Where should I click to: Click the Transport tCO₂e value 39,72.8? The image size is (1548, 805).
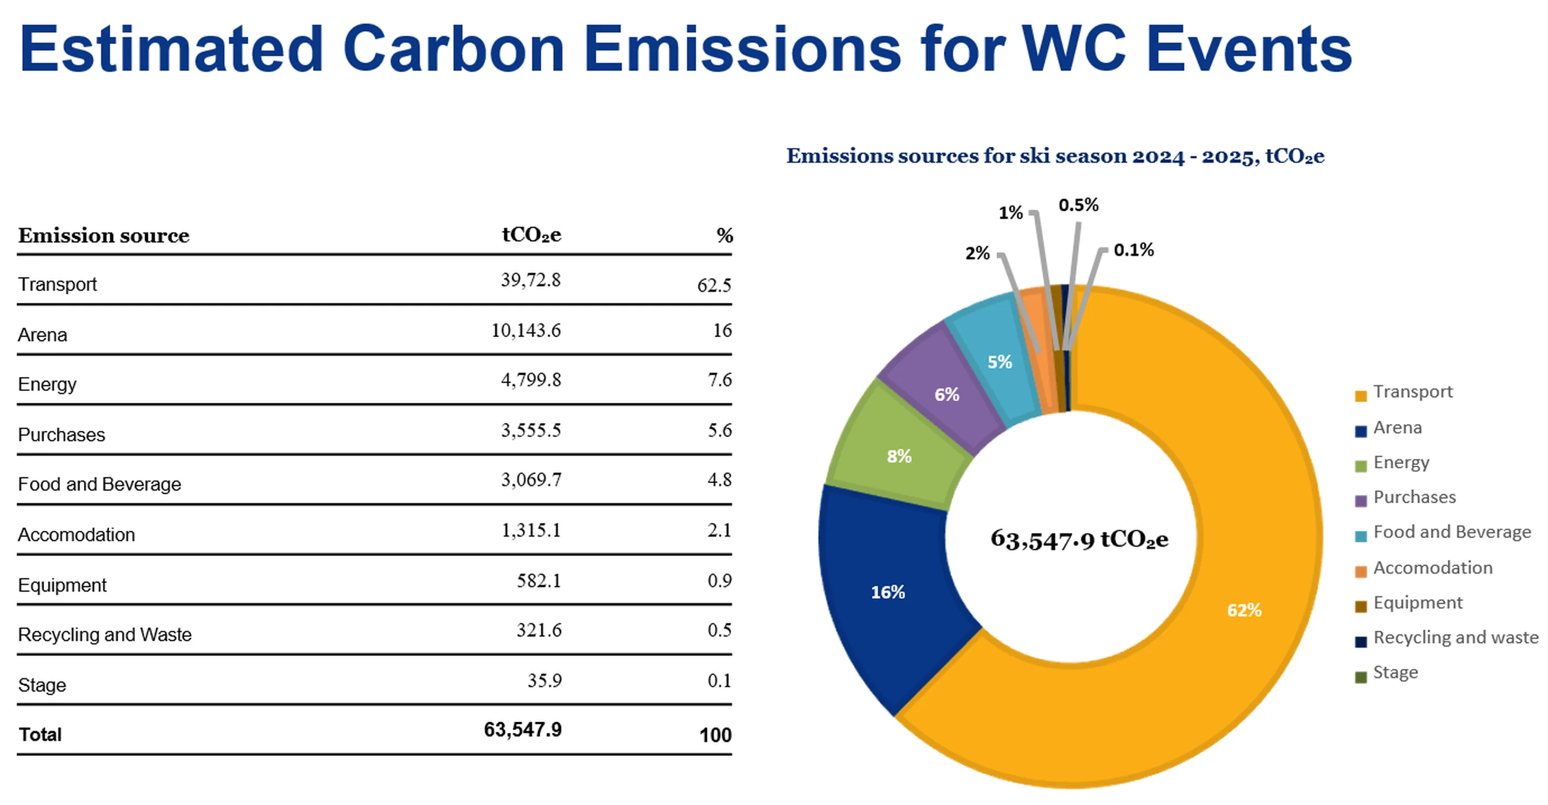(531, 280)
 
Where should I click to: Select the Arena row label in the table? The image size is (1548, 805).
(42, 335)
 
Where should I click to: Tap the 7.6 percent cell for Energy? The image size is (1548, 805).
(719, 380)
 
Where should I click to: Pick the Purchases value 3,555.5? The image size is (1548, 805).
(531, 430)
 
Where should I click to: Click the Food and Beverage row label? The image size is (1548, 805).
(99, 485)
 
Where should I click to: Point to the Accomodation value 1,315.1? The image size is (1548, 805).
(531, 530)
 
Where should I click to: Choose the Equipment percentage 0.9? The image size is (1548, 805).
(719, 581)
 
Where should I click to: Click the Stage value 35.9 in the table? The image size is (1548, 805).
(544, 681)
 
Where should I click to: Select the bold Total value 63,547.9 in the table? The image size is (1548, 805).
(522, 730)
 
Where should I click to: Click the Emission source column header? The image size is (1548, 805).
(103, 235)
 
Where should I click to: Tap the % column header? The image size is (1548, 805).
(725, 235)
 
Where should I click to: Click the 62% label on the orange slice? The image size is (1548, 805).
(1244, 611)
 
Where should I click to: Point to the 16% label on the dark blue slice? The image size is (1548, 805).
(887, 593)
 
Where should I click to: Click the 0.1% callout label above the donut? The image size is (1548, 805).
(1134, 250)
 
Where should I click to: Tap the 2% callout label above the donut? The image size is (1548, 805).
(977, 253)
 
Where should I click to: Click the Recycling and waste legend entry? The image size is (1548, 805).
(1455, 638)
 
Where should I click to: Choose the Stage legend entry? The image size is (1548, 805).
(1395, 673)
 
